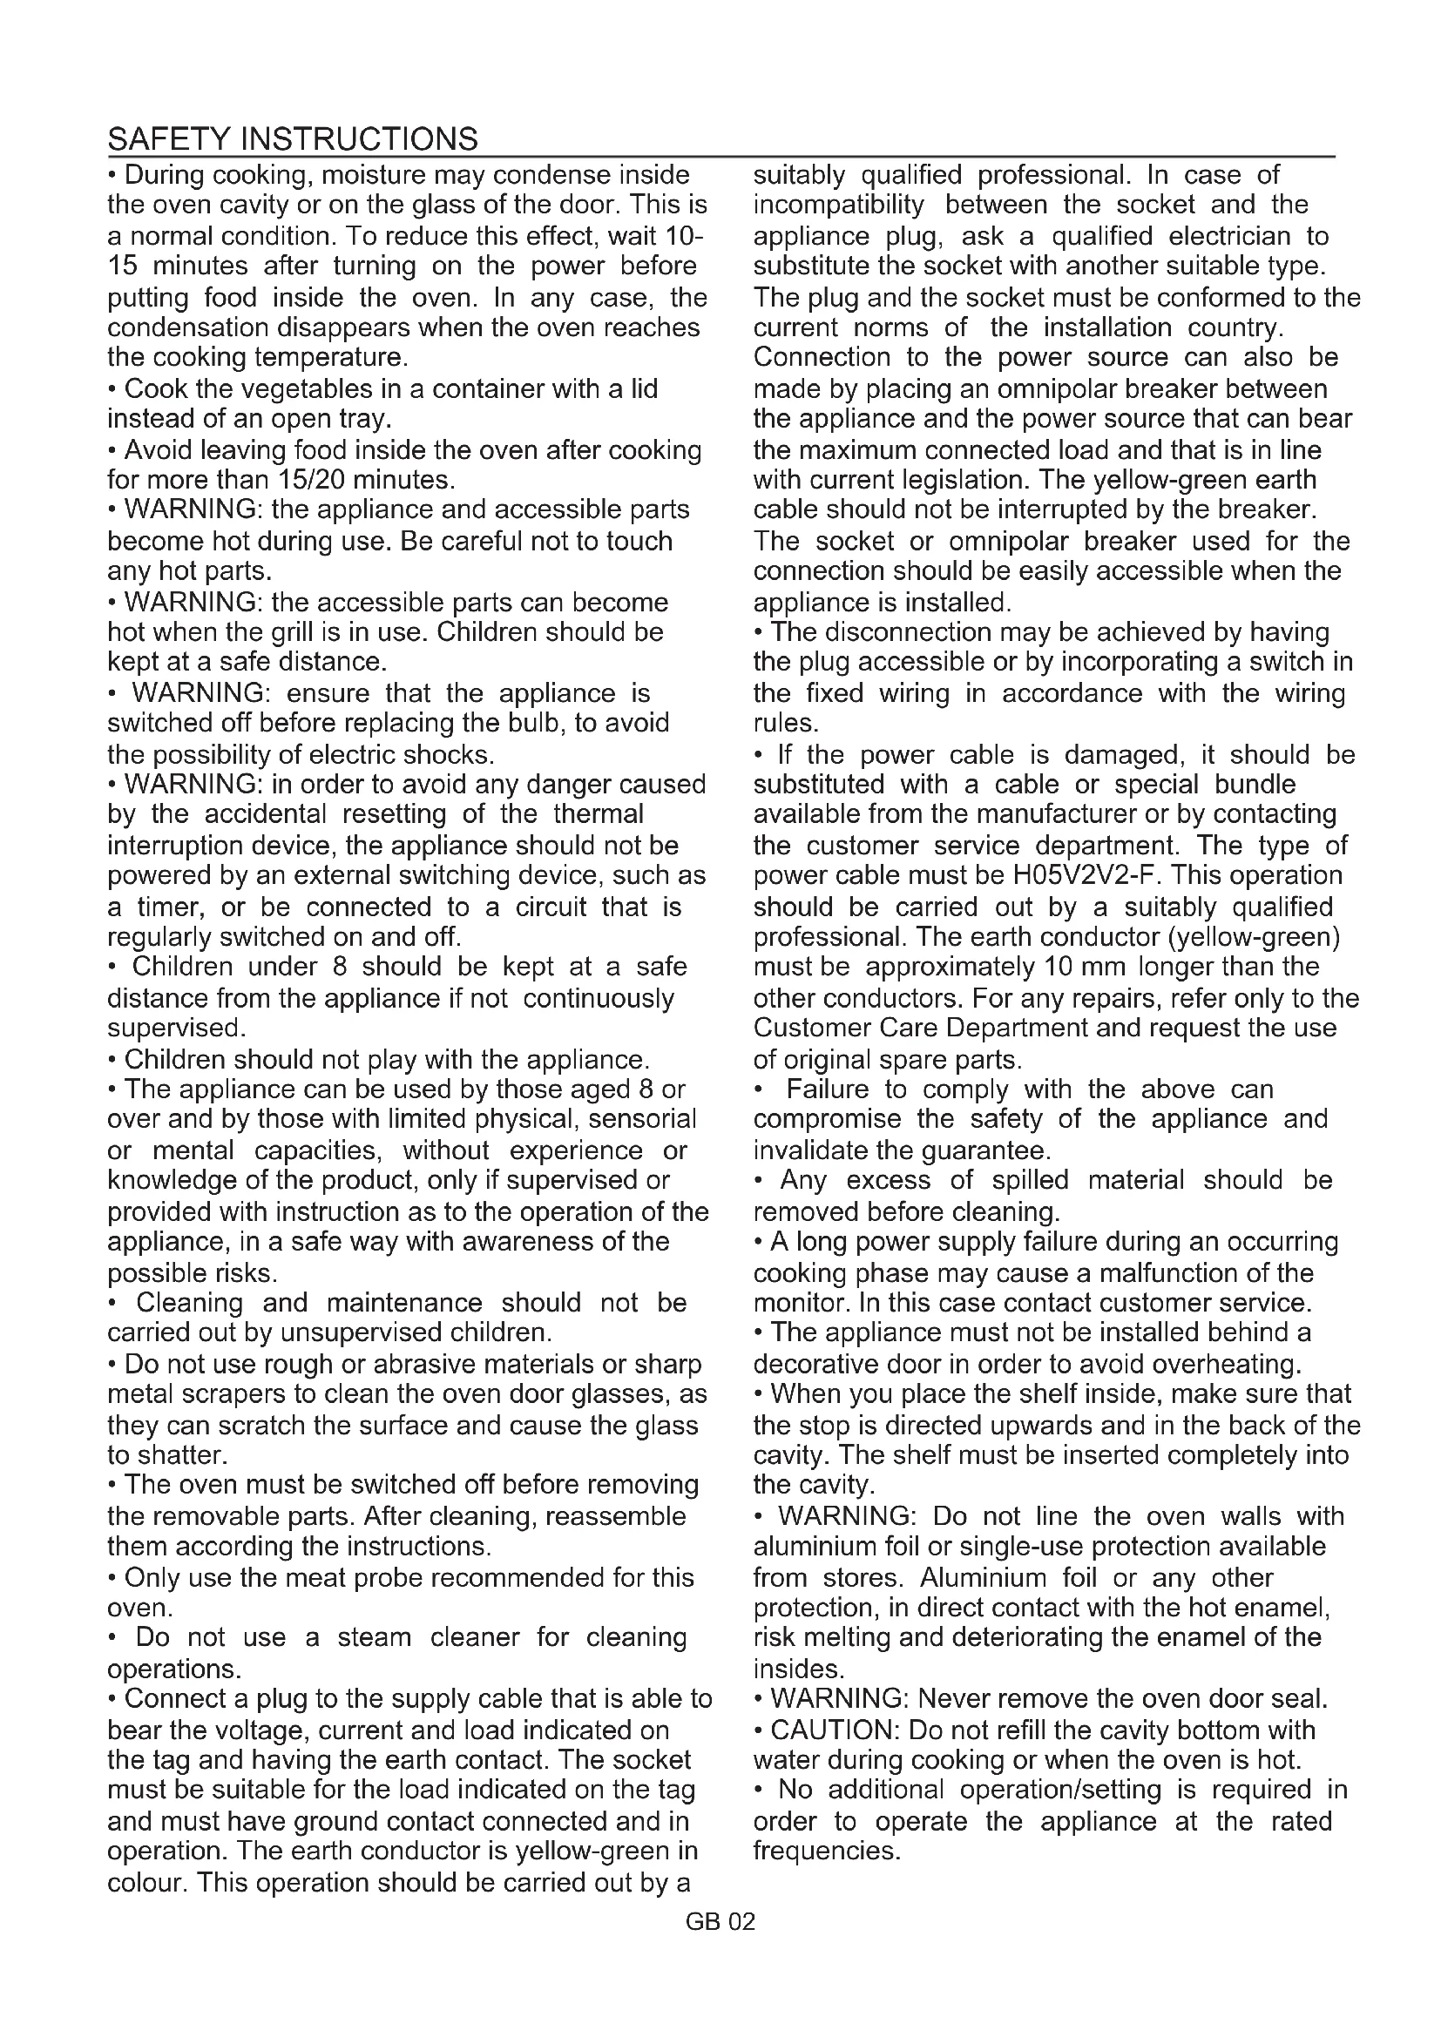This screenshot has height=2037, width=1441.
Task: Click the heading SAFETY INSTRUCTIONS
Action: click(292, 139)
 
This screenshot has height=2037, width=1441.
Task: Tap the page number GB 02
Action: click(720, 1922)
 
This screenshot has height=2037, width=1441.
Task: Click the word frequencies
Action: click(826, 1851)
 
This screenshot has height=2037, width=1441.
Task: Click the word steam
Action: click(374, 1637)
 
